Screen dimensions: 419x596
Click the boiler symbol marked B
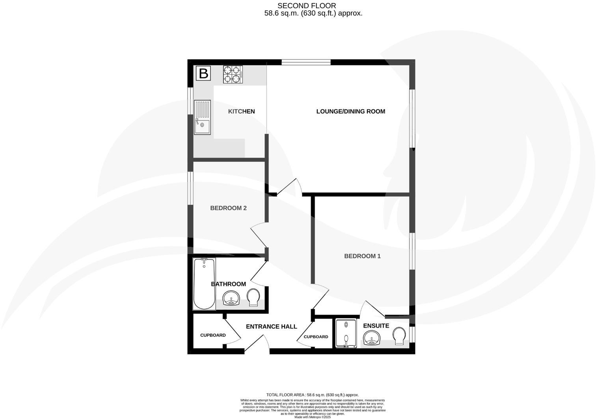pos(203,74)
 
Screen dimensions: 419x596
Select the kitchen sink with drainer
pos(202,117)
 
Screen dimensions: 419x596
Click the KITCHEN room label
pos(241,111)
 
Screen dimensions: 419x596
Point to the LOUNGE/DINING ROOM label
pos(350,111)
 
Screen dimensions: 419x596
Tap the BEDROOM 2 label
pos(228,208)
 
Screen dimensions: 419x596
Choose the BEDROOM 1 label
pos(362,256)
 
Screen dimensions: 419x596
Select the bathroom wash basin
pos(231,298)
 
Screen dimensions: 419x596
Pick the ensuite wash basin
pos(371,338)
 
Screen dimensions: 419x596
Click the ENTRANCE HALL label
pos(271,326)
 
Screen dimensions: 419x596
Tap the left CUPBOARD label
pos(213,335)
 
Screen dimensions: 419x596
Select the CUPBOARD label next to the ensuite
pos(316,337)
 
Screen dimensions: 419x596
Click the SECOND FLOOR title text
pos(307,6)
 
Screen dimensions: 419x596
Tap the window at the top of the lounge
pos(306,62)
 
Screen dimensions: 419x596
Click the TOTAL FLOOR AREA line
pos(313,395)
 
